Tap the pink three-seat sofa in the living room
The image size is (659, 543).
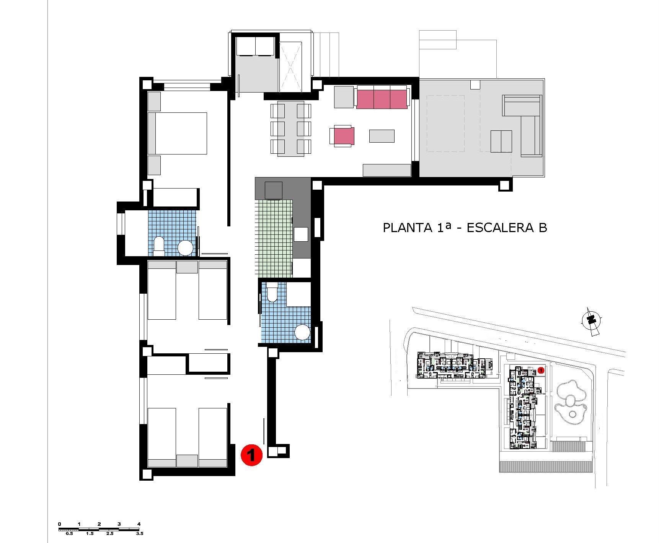(382, 98)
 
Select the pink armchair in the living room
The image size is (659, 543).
(342, 136)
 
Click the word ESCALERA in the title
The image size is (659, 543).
(498, 228)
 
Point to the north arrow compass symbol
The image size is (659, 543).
(591, 320)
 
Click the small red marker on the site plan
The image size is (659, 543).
(541, 370)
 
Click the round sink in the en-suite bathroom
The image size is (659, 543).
(186, 248)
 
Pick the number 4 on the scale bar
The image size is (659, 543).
(139, 524)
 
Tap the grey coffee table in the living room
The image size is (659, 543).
(382, 136)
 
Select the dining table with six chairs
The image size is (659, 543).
(291, 128)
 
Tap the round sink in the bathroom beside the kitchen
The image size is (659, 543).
(303, 332)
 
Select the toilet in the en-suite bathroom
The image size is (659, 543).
(158, 246)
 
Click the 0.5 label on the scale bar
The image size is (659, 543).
(69, 533)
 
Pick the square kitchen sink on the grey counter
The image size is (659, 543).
(301, 234)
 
